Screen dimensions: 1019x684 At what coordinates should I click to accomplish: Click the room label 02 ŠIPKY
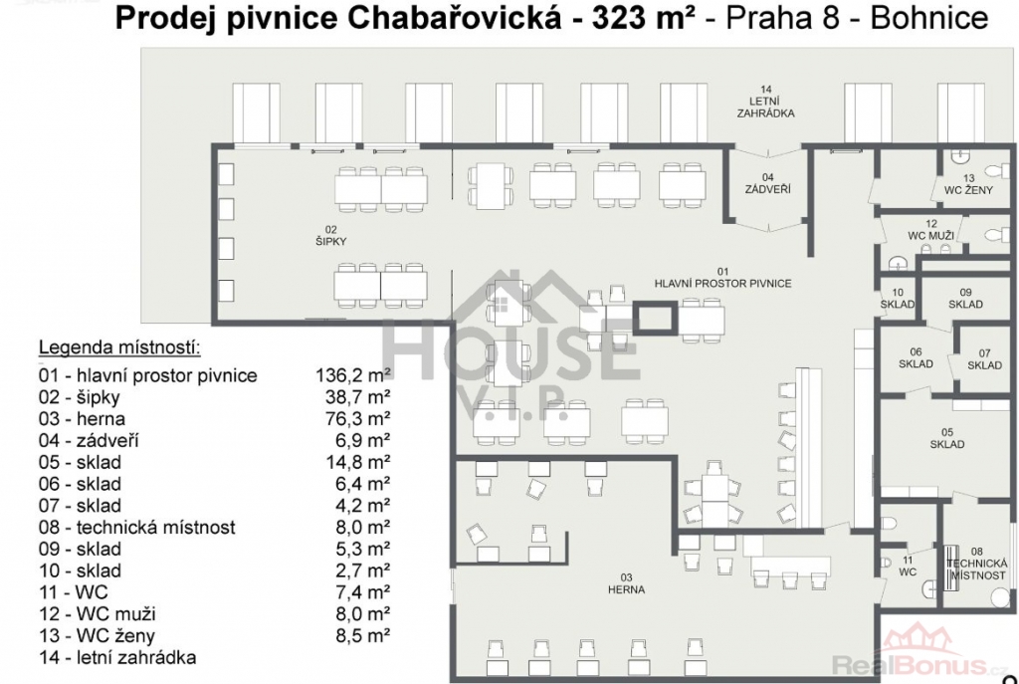click(x=330, y=235)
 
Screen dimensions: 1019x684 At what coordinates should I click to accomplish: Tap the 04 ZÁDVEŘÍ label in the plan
click(x=767, y=183)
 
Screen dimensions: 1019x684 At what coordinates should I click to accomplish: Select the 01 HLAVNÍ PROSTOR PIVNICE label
click(x=722, y=278)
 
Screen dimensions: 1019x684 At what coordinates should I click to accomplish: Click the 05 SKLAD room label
click(x=947, y=438)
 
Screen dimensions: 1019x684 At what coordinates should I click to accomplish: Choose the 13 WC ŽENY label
click(x=969, y=184)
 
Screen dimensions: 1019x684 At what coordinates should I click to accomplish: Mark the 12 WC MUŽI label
click(x=931, y=230)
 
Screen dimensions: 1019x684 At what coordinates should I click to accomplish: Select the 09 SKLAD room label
click(x=965, y=299)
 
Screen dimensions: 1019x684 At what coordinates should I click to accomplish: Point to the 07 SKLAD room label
click(x=984, y=358)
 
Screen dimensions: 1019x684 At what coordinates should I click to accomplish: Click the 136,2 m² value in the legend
click(x=353, y=375)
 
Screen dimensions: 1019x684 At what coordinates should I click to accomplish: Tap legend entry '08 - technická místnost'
click(x=137, y=527)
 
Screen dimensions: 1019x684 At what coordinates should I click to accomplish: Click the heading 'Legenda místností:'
click(x=119, y=347)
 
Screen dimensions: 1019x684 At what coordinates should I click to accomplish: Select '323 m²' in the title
click(x=641, y=20)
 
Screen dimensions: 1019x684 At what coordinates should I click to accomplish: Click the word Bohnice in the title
click(x=929, y=20)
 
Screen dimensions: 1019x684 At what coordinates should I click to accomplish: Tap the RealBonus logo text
click(x=920, y=665)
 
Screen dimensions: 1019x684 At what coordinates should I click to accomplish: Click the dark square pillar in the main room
click(x=655, y=319)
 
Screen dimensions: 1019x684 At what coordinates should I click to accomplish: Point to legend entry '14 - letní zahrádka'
click(x=117, y=657)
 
